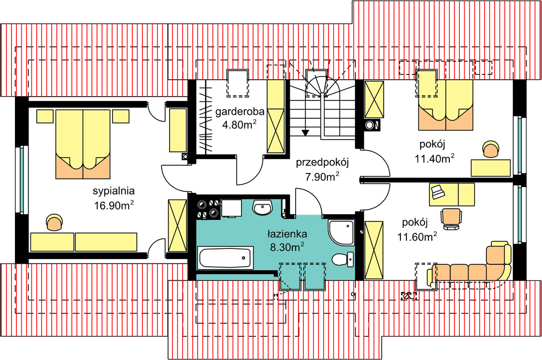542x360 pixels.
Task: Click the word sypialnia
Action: [x=114, y=190]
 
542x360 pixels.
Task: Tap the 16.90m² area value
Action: [x=114, y=205]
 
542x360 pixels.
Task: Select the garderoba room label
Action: [x=240, y=112]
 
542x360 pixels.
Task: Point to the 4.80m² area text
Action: [x=239, y=126]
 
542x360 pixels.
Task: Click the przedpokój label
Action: [x=322, y=162]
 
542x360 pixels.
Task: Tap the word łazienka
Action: [x=287, y=234]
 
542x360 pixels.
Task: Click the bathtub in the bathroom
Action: [x=226, y=258]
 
